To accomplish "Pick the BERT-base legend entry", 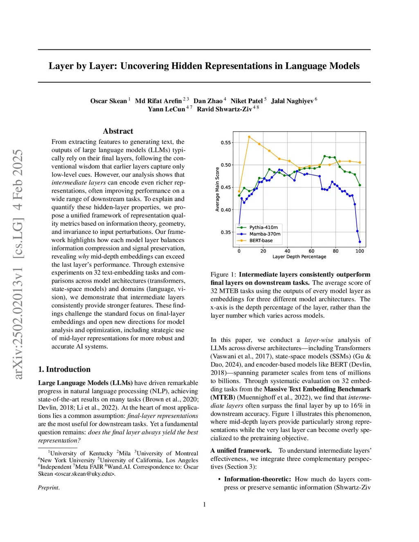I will (x=261, y=241).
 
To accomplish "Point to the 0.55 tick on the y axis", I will (x=226, y=143).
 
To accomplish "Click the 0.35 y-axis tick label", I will (x=226, y=232).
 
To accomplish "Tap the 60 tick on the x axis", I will (x=311, y=251).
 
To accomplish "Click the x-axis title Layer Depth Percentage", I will (x=299, y=257).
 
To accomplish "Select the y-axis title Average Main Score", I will (x=217, y=189).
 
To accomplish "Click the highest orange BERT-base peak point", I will (x=249, y=137).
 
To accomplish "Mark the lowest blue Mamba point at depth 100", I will (x=360, y=242).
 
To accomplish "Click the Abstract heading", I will (x=118, y=131).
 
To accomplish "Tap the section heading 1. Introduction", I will (x=64, y=369).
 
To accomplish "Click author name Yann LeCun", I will (x=166, y=109).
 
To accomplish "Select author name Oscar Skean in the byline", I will (x=108, y=101).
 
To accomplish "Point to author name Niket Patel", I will (x=246, y=101).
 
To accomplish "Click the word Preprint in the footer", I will (x=49, y=488).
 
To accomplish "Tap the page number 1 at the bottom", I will (x=204, y=504).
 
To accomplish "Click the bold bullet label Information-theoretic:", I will (x=257, y=479).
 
